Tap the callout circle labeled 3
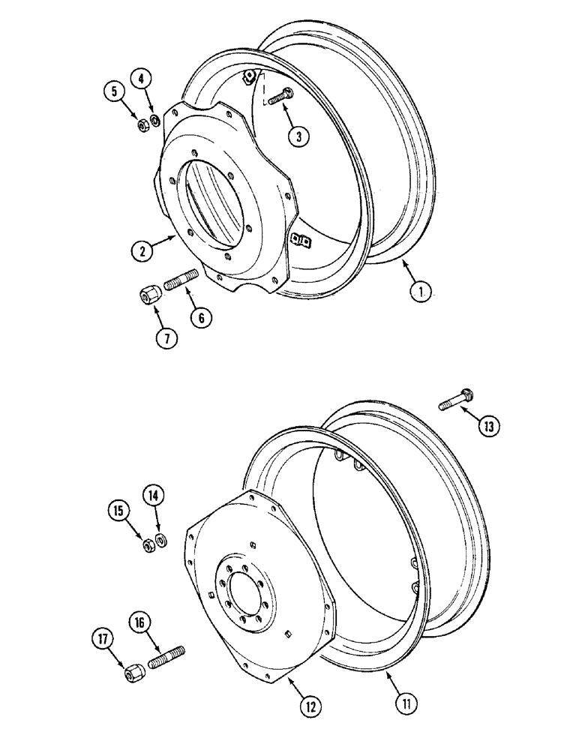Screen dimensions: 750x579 tap(299, 136)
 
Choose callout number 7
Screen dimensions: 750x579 tap(166, 338)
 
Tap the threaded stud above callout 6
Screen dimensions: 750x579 tap(180, 282)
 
